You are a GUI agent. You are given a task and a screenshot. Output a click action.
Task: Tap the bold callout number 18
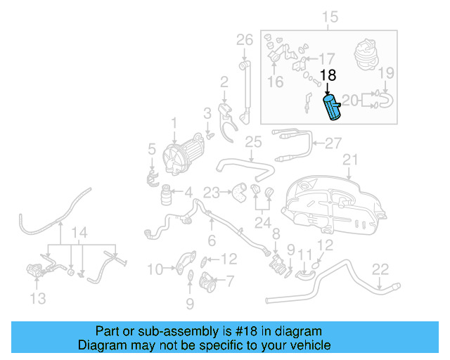[x=328, y=76]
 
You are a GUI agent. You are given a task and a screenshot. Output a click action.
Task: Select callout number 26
[x=244, y=39]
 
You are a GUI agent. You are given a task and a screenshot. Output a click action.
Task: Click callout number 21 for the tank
[x=350, y=160]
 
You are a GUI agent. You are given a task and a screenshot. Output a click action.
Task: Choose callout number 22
[x=380, y=268]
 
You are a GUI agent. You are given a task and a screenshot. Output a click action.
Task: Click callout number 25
[x=253, y=143]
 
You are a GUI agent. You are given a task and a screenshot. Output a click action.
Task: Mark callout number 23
[x=212, y=191]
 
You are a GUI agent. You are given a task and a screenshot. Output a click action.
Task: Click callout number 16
[x=275, y=82]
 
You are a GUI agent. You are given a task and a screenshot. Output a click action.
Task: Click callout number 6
[x=212, y=240]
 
